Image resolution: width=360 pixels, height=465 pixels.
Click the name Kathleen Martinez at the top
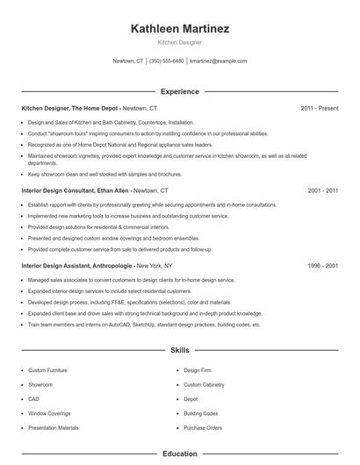tap(180, 29)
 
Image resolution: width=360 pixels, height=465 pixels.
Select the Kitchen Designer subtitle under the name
tap(180, 41)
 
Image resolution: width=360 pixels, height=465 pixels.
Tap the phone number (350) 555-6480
tap(167, 61)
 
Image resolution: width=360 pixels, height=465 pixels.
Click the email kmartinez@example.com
tap(218, 61)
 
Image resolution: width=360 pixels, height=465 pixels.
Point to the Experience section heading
tap(180, 91)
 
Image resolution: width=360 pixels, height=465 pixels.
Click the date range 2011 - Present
tap(319, 108)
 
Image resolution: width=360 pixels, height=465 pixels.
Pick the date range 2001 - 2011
tap(323, 190)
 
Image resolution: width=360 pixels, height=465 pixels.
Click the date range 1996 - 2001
tap(323, 264)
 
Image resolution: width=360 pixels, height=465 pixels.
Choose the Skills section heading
tap(180, 350)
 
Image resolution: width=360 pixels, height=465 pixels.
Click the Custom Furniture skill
tap(47, 370)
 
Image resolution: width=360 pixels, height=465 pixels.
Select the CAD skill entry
tap(33, 398)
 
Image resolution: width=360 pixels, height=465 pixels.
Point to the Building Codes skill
tap(201, 413)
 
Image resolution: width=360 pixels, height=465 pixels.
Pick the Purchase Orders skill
tap(203, 427)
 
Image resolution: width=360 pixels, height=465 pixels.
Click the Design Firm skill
tap(198, 370)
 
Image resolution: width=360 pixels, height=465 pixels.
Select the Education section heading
tap(180, 454)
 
